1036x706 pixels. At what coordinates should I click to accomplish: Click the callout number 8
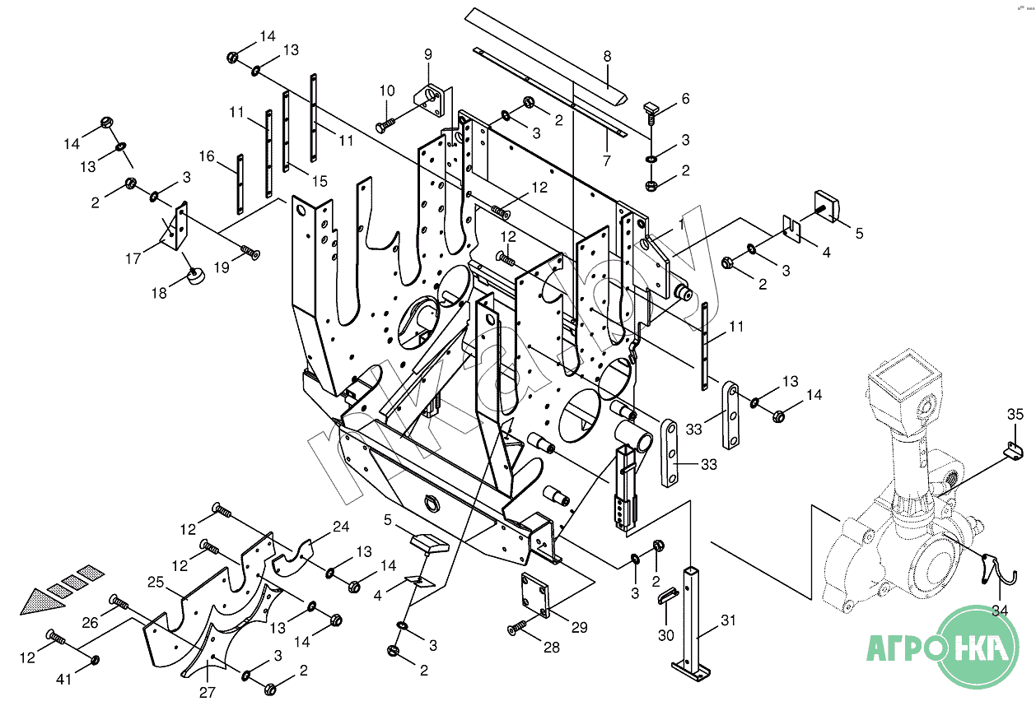(x=607, y=57)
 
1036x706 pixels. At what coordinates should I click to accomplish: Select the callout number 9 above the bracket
(x=427, y=54)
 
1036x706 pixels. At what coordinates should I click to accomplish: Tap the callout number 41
(x=64, y=679)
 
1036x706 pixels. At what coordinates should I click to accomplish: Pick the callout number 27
(x=208, y=692)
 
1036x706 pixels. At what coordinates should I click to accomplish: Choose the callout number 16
(x=206, y=156)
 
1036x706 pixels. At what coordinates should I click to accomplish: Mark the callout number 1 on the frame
(x=681, y=223)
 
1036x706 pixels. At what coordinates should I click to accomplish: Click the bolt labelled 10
(x=385, y=126)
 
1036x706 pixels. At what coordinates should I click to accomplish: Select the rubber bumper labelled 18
(x=196, y=276)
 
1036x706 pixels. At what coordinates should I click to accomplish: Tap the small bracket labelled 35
(x=1014, y=449)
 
